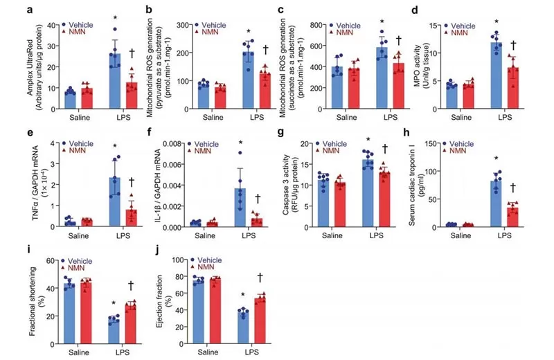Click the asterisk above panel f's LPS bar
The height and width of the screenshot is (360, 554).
tap(241, 144)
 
